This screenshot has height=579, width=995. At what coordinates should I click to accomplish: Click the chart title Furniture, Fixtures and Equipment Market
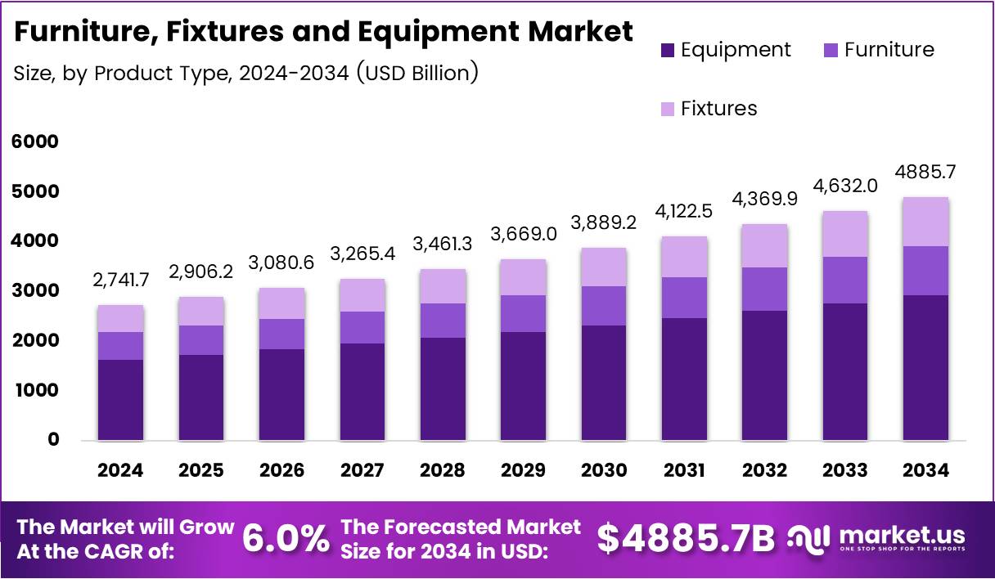323,32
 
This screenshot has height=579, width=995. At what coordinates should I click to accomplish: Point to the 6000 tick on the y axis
34,141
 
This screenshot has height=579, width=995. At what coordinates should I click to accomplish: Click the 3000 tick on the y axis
34,290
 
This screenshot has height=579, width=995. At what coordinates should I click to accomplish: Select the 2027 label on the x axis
362,470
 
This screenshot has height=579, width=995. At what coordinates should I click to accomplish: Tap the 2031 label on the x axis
684,470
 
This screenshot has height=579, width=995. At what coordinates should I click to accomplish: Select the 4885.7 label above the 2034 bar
925,173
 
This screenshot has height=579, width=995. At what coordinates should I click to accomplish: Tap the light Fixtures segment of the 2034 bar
925,222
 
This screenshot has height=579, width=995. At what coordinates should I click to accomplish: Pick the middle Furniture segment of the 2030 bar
603,305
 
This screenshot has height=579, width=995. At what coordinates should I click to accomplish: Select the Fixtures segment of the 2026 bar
281,303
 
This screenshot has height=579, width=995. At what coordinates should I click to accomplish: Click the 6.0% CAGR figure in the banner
286,538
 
